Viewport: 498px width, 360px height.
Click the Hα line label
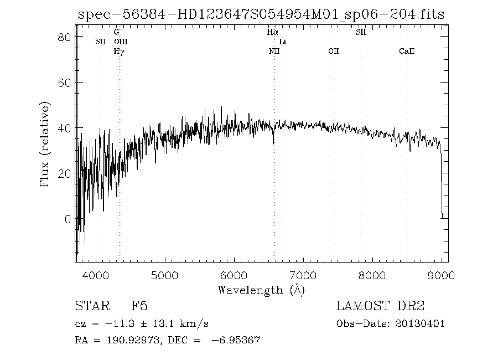pos(272,33)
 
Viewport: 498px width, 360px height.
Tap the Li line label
pos(283,42)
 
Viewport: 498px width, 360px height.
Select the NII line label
pos(274,52)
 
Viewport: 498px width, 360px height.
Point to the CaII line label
pos(407,52)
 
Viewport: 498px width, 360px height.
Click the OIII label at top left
pos(120,42)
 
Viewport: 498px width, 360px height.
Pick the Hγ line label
pos(119,52)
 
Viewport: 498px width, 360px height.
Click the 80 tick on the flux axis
pos(65,37)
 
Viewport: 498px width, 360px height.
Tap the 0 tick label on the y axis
pos(68,219)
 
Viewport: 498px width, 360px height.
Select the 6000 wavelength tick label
pos(234,274)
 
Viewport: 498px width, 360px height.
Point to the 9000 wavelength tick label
pos(442,274)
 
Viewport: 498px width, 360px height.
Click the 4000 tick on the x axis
pos(96,274)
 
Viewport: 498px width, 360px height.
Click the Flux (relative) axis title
pos(45,144)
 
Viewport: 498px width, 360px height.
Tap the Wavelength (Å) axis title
pos(261,290)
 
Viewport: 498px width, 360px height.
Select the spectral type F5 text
pos(139,306)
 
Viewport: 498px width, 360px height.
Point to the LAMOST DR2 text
pos(380,306)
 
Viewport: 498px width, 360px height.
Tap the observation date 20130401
pos(421,323)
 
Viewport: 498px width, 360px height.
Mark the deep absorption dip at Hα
pos(273,143)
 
